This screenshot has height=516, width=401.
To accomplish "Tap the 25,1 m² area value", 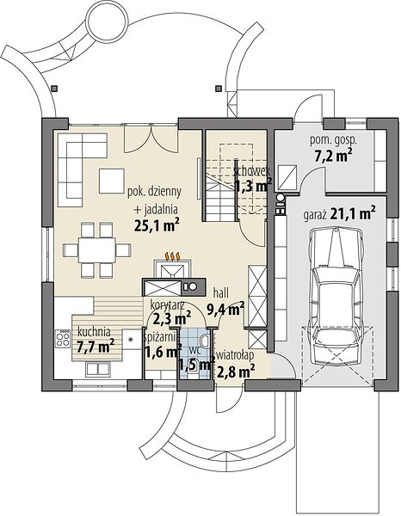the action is [x=157, y=225].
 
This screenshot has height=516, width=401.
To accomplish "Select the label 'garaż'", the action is [x=315, y=216].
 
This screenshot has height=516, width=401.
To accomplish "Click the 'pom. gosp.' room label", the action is [x=333, y=141].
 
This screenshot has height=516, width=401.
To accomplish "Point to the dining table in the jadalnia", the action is [x=96, y=249].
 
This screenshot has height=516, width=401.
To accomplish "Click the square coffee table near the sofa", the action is [x=112, y=181].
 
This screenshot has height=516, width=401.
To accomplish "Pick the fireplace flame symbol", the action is [x=172, y=255].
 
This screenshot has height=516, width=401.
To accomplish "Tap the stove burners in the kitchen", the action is [x=63, y=338].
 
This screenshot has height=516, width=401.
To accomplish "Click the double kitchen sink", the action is [x=98, y=369].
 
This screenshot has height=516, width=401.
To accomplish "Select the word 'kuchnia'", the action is [x=94, y=332].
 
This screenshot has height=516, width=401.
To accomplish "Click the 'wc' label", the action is [x=194, y=350].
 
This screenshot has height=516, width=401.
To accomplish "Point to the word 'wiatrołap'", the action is [x=235, y=355].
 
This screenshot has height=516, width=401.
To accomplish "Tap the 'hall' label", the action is [x=221, y=292].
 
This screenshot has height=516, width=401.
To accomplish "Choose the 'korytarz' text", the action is [x=167, y=304].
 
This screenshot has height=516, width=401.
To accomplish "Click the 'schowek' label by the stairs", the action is [x=252, y=171].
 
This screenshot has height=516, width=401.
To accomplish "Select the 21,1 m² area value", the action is [x=353, y=214].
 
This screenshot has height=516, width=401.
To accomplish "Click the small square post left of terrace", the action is [x=54, y=89].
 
